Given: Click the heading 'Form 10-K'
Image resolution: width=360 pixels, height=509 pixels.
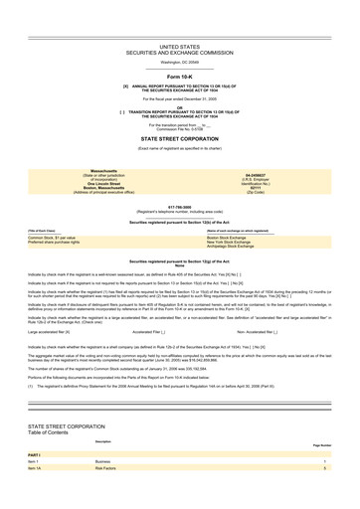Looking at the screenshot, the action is [179, 76].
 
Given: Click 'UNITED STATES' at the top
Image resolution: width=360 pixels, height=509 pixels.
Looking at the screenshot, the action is [179, 45].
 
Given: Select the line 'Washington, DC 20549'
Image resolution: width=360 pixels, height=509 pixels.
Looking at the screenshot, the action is [179, 62].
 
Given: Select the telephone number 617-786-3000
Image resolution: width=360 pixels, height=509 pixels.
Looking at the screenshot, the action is [179, 208].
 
